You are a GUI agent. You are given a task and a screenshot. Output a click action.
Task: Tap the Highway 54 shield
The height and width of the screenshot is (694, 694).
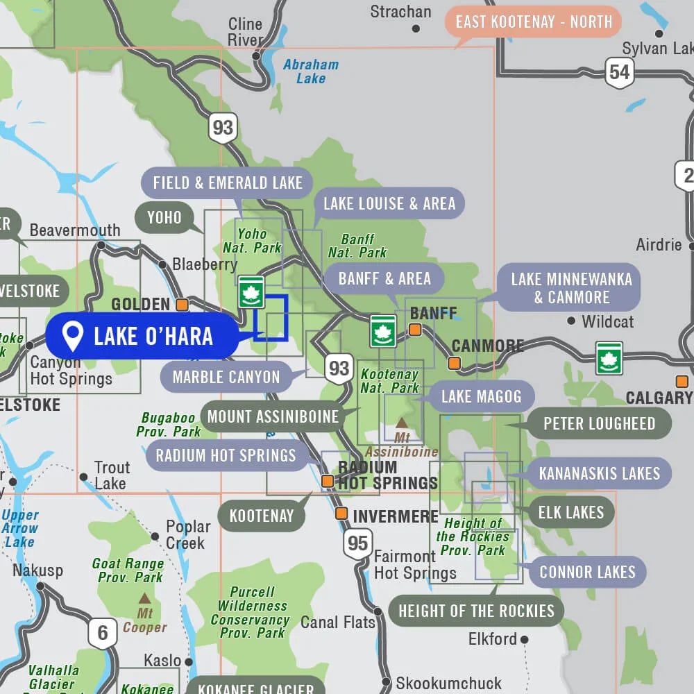pyautogui.click(x=619, y=73)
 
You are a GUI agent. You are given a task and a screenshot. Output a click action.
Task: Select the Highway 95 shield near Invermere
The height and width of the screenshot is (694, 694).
pyautogui.click(x=357, y=543)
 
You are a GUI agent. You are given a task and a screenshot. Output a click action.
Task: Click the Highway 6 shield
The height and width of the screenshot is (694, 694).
pyautogui.click(x=102, y=632)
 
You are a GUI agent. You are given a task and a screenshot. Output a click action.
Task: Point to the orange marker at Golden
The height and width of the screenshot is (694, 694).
pyautogui.click(x=182, y=305)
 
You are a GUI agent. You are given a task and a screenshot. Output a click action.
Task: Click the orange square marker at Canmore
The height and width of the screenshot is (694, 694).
pyautogui.click(x=454, y=363)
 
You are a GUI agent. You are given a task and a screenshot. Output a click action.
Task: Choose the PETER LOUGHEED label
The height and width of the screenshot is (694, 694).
pyautogui.click(x=599, y=423)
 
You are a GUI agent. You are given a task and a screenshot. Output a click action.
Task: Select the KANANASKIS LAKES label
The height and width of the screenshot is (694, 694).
pyautogui.click(x=599, y=473)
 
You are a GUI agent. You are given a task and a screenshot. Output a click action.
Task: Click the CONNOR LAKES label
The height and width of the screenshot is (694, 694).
pyautogui.click(x=587, y=573)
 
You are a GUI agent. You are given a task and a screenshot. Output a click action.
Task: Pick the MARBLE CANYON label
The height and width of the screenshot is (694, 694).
pyautogui.click(x=226, y=378)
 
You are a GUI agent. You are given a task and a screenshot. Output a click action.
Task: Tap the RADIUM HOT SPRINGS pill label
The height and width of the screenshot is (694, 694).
pyautogui.click(x=226, y=455)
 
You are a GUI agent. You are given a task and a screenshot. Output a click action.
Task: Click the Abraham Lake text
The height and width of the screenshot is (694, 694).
pyautogui.click(x=311, y=71)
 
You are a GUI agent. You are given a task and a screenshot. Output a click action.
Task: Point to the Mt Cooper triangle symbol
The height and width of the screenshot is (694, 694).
pyautogui.click(x=144, y=598)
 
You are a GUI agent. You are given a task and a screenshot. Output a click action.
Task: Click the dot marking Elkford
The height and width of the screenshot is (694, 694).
pyautogui.click(x=525, y=639)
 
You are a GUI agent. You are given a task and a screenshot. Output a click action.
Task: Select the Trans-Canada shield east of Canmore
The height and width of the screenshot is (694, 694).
pyautogui.click(x=609, y=357)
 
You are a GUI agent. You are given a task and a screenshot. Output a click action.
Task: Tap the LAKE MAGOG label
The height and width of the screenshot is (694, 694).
pyautogui.click(x=481, y=397)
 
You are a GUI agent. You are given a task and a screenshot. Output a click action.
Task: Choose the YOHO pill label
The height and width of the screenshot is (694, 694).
pyautogui.click(x=164, y=218)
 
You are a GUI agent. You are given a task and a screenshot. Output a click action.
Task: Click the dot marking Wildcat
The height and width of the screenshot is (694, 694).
pyautogui.click(x=571, y=321)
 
